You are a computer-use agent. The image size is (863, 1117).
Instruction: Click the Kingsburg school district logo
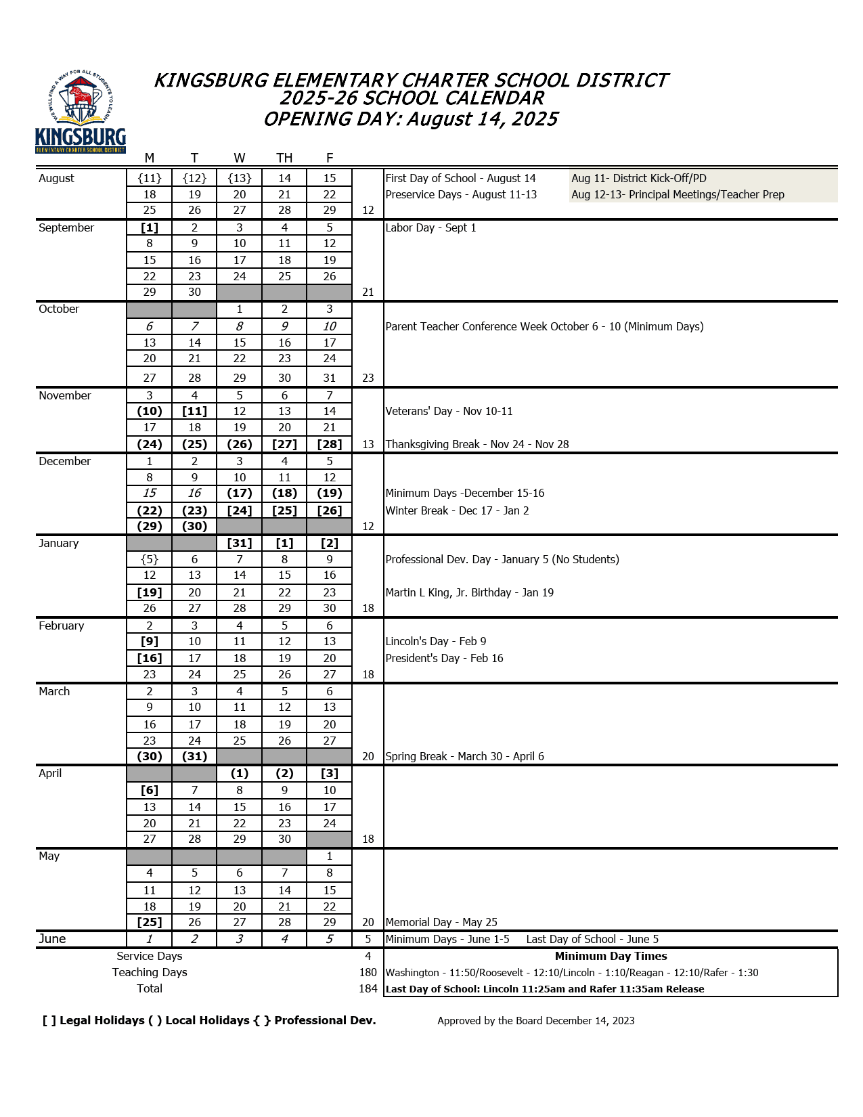tap(81, 112)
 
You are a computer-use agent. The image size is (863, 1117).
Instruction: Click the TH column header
tap(284, 158)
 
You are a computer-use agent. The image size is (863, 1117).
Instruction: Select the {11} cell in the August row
tap(150, 178)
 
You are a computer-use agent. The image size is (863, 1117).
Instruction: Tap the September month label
tap(66, 227)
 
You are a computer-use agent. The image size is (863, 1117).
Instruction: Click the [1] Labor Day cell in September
tap(150, 227)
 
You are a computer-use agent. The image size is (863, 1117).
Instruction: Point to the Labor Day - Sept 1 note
tap(430, 227)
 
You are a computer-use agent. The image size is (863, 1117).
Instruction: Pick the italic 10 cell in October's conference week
tap(330, 326)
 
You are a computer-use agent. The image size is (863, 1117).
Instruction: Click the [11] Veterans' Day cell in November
tap(194, 411)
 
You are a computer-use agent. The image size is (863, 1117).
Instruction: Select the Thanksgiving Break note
tap(477, 444)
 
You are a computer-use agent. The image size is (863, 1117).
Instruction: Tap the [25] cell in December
tap(284, 510)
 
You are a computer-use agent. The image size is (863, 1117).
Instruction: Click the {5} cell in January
tap(150, 559)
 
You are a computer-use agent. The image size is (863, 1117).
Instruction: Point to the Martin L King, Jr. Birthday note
tap(469, 592)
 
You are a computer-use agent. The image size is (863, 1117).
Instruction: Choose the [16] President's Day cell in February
tap(150, 658)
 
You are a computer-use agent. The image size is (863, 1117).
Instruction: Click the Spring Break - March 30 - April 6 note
tap(464, 756)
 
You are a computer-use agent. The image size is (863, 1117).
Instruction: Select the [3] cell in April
tap(330, 773)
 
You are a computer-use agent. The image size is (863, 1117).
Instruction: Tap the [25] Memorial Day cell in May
tap(150, 922)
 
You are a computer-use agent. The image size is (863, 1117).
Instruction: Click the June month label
tap(52, 939)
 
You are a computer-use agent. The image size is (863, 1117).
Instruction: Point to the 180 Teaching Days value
tap(368, 972)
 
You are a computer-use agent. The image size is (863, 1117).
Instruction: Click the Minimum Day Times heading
tap(611, 956)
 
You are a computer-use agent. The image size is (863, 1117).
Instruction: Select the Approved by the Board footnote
tap(535, 1021)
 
